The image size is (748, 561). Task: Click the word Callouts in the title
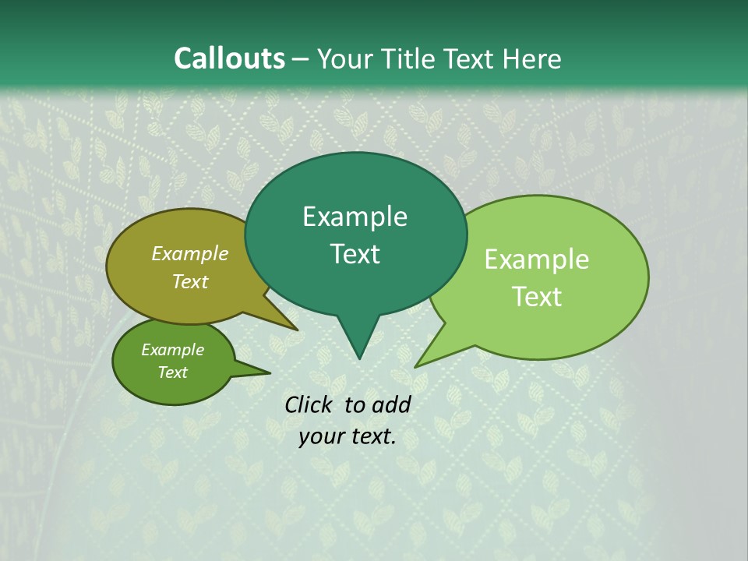pos(229,59)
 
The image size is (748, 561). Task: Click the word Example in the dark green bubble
pos(355,217)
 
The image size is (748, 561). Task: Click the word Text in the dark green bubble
pos(355,254)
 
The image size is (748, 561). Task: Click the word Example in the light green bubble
pos(537,259)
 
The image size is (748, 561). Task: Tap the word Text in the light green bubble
pos(537,297)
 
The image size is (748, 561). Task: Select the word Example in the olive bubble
pos(190,254)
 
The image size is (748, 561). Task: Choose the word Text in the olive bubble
pos(190,282)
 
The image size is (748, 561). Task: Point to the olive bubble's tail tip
pos(297,330)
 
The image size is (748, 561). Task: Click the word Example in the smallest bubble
pos(172,350)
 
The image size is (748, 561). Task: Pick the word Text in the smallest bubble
pos(172,372)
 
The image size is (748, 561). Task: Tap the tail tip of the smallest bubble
pos(270,373)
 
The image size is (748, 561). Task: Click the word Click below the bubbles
pos(309,404)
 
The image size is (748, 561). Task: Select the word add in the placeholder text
pos(391,404)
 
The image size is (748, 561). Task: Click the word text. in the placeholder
pos(372,436)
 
